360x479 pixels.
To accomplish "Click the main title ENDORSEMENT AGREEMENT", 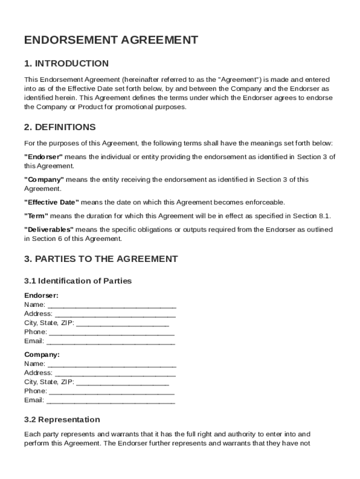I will coord(111,40).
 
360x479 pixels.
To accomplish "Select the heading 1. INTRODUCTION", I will coord(66,64).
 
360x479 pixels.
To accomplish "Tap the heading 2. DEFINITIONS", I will coord(60,127).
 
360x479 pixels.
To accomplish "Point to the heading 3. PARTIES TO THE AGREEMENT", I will coord(101,259).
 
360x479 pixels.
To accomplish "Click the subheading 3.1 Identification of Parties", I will coord(78,281).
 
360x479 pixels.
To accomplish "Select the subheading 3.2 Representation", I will coord(62,420).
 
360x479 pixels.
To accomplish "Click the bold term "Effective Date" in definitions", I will coord(51,202).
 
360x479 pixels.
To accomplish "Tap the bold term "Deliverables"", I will coord(49,229).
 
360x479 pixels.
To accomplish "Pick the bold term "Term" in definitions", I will coord(36,216).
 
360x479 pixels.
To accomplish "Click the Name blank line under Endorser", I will coord(112,305).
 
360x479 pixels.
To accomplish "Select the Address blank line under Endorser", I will coord(115,314).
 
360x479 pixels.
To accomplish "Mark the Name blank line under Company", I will coord(112,364).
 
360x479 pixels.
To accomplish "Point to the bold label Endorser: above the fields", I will coord(41,296).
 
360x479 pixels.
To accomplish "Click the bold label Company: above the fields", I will coord(42,355).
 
